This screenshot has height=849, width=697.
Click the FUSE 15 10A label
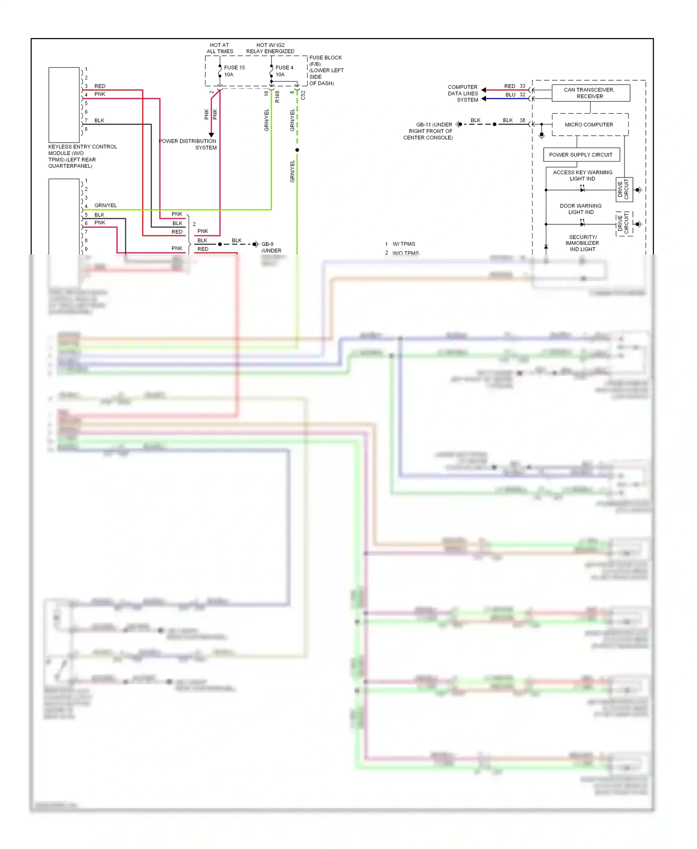point(234,71)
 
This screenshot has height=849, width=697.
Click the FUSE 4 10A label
point(284,71)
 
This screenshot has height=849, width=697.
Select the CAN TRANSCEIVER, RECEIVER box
point(590,93)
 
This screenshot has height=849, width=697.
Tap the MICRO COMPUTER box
point(589,124)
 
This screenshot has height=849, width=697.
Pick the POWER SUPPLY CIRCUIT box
point(580,155)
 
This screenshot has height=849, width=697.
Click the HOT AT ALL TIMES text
point(220,48)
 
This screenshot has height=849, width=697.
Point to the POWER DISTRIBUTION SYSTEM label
point(188,144)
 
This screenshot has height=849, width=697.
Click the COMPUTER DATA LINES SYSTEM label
point(463,93)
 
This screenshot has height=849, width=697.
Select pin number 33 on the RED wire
point(522,86)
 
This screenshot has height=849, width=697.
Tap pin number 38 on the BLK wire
point(522,120)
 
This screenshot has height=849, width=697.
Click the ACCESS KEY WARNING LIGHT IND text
point(582,176)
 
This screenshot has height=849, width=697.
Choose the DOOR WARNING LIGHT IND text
point(581,209)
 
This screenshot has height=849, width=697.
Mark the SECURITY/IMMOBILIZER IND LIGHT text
point(582,243)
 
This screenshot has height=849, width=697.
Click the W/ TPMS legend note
point(403,244)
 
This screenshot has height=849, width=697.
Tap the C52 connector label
point(303,95)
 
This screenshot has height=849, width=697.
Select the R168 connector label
point(277,97)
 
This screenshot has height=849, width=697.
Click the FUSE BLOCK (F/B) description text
point(326,70)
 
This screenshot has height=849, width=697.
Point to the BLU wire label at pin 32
point(510,95)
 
